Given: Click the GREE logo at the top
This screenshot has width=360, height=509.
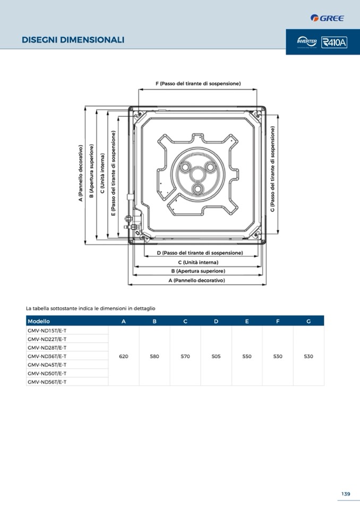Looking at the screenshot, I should click(327, 18).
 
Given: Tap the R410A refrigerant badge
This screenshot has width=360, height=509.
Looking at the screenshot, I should click(335, 42).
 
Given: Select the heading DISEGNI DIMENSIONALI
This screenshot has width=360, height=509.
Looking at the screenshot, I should click(73, 40).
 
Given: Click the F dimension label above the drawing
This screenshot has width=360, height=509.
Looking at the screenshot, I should click(198, 84).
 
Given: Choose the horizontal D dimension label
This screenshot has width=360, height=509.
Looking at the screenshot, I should click(200, 253).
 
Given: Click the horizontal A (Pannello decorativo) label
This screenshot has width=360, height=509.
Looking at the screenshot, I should click(197, 280).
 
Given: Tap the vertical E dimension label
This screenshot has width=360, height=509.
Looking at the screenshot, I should click(113, 173).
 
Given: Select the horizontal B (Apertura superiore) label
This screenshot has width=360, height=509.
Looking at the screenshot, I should click(198, 271).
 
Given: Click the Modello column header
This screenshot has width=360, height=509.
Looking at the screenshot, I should click(39, 321).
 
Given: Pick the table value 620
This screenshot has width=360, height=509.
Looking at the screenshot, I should click(124, 357).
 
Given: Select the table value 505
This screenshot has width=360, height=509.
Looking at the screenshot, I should click(216, 357).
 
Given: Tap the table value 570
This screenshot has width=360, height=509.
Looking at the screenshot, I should click(185, 357).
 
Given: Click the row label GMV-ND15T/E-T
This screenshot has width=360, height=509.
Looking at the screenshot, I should click(47, 331).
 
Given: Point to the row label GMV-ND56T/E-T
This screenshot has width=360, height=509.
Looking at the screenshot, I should click(47, 382).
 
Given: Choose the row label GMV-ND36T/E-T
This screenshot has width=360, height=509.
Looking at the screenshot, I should click(47, 356).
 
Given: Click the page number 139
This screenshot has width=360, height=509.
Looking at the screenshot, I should click(346, 494).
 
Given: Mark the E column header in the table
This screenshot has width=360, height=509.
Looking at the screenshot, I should click(247, 321).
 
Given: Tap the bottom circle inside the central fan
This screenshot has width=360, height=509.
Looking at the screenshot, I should click(198, 189).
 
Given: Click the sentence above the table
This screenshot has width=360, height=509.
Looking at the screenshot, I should click(90, 308).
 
